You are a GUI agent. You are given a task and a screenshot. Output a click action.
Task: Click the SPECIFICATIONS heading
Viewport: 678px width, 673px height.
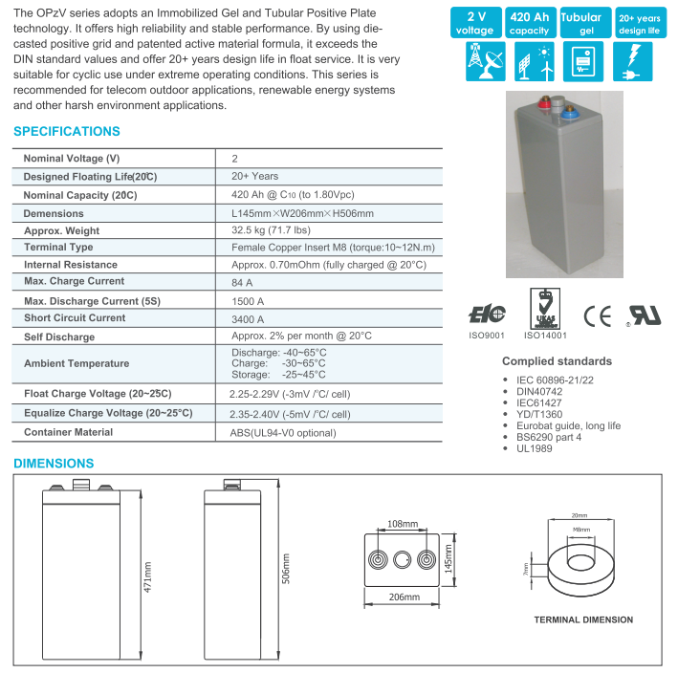pos(67,131)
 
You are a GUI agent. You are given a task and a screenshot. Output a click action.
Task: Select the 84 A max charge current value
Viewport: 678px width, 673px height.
pos(242,282)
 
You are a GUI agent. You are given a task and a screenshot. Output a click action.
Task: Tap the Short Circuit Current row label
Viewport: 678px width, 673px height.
pos(75,318)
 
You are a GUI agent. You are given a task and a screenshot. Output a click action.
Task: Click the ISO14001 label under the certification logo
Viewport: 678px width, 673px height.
pos(545,336)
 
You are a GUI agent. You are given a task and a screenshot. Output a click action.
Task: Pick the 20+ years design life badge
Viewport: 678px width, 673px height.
pos(638,23)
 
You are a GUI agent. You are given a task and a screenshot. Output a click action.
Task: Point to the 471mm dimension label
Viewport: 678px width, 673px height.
pos(148,576)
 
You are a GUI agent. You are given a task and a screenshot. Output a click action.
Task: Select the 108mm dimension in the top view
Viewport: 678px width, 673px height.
pos(403,524)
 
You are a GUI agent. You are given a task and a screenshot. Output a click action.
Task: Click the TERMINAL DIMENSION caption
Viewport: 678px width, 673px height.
pos(582,619)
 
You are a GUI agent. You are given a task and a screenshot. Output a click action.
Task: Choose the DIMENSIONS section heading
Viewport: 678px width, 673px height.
pos(54,464)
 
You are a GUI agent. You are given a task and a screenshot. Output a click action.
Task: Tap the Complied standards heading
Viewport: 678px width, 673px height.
pos(557,361)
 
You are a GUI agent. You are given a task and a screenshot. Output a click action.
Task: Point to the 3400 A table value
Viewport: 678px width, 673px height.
pos(248,318)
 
